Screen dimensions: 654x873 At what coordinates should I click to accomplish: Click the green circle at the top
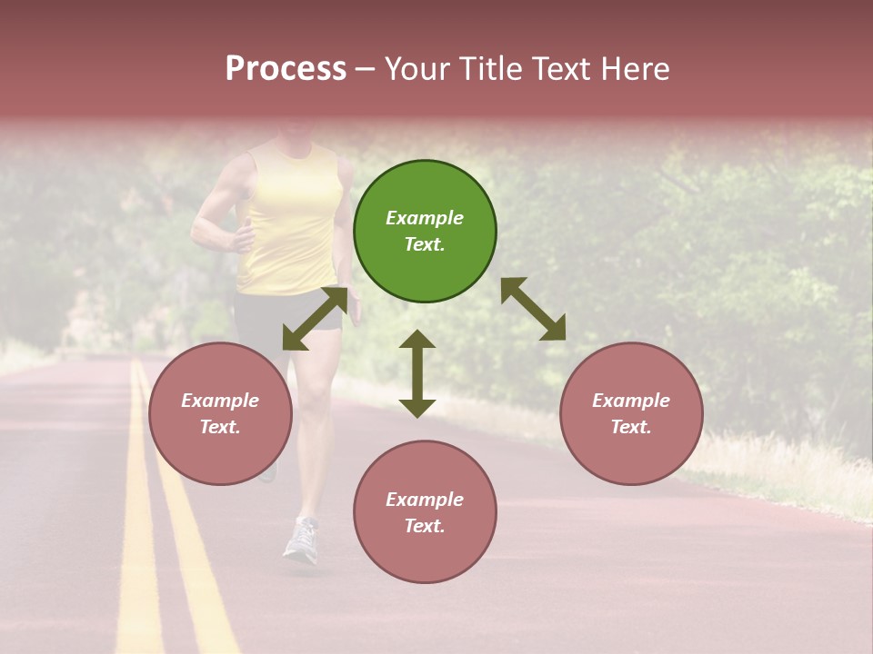click(x=425, y=232)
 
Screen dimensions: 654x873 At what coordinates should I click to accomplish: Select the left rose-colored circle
click(x=220, y=414)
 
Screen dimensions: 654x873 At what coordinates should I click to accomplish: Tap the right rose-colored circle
click(x=631, y=414)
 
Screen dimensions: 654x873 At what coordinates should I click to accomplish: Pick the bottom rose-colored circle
click(x=425, y=512)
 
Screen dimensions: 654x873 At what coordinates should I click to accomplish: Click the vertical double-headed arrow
click(x=417, y=373)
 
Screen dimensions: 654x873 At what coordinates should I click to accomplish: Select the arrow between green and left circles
click(x=315, y=318)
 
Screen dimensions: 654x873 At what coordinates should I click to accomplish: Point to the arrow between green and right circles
click(x=534, y=309)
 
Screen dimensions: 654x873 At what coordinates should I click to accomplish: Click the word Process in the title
click(x=286, y=68)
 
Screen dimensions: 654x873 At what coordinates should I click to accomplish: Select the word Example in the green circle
click(x=425, y=218)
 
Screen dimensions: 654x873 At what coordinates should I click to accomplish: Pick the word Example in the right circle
click(x=631, y=401)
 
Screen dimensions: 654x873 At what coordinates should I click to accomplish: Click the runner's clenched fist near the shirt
click(x=244, y=238)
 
